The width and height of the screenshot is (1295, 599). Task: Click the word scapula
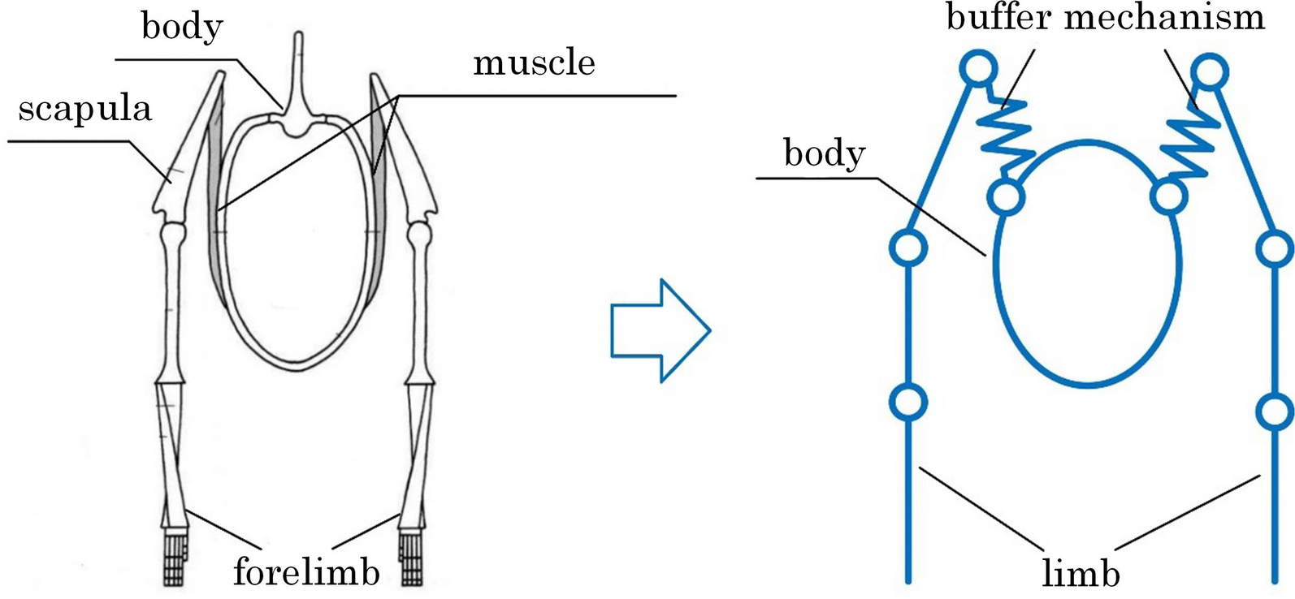pos(84,108)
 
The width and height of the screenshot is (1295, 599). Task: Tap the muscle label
pos(534,62)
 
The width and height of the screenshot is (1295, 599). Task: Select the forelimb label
pos(306,571)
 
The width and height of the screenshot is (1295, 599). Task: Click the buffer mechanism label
pos(1105,16)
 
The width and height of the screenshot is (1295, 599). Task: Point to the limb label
pos(1081,573)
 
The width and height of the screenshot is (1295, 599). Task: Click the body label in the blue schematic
pos(824,153)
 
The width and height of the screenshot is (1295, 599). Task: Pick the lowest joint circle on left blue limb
pos(908,401)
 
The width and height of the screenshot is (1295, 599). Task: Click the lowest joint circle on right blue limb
pos(1276,411)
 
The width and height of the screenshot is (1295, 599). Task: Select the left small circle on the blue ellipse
pos(1006,196)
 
